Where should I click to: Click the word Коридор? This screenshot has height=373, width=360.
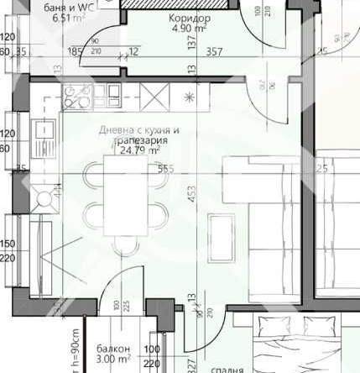pos(190,17)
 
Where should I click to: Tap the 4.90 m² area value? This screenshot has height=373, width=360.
pos(190,28)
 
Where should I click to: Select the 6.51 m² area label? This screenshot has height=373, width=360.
pos(71,15)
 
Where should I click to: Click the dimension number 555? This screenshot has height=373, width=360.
pos(165,168)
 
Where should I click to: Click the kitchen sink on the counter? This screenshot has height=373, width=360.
pos(43,132)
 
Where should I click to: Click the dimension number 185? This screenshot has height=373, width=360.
pos(76,51)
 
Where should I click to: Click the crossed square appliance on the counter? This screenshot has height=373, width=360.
pos(159,98)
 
